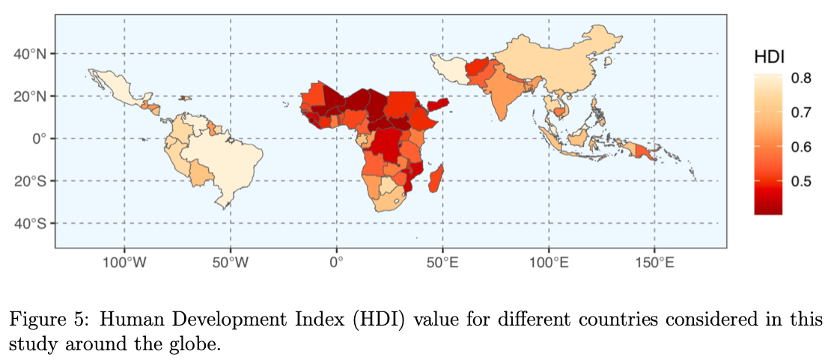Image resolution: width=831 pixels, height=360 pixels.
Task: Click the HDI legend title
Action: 769,56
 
